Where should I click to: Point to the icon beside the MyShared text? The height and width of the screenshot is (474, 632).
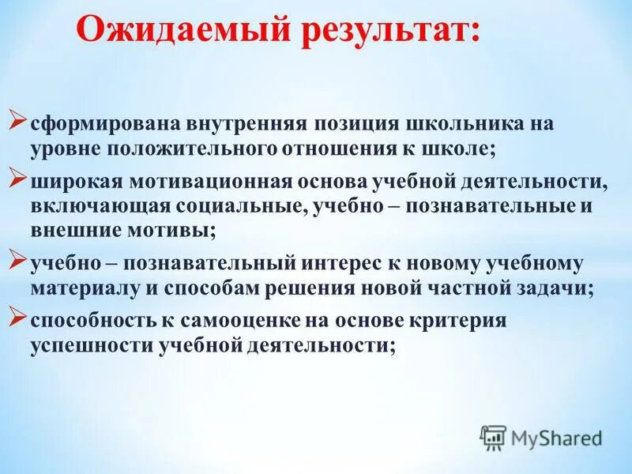[x=494, y=436]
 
